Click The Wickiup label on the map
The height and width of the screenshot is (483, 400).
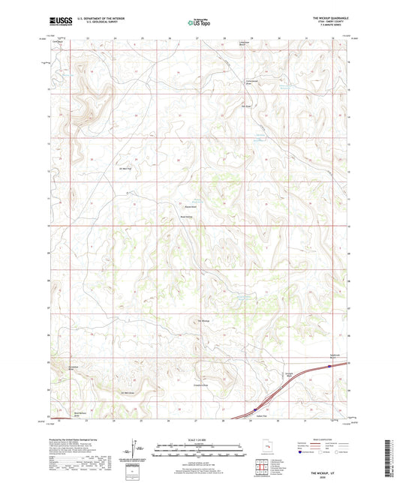pos(203,320)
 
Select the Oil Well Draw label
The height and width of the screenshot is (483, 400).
pos(127,391)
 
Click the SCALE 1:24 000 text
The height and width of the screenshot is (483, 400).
pos(199,439)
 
